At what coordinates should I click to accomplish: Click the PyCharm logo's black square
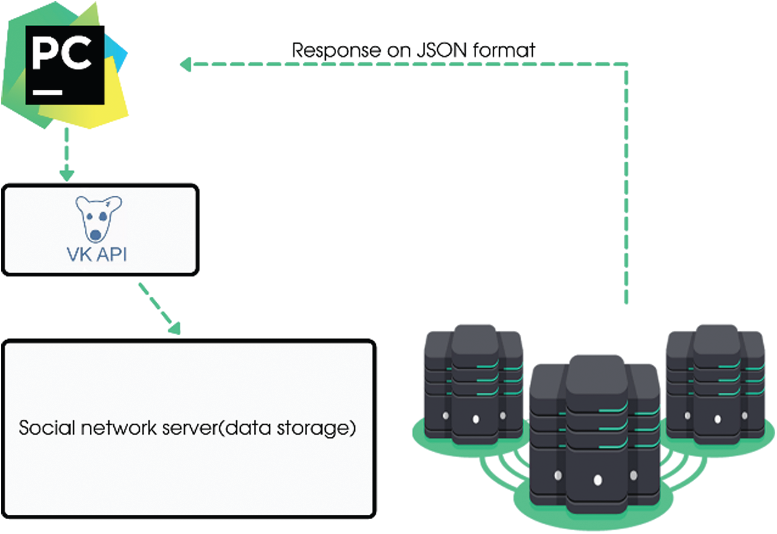65,65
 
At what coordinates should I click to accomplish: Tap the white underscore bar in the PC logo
48,92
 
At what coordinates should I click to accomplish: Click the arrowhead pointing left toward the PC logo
186,64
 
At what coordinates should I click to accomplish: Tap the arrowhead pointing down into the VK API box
67,175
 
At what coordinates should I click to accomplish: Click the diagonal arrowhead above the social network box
175,328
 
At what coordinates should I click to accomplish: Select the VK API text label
97,255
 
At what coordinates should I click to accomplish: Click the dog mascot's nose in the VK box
95,235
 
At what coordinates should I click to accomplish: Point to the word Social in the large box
47,427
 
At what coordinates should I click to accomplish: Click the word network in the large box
119,427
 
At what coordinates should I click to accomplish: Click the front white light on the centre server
597,480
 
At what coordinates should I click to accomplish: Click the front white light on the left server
476,419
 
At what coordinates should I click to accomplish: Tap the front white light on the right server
718,419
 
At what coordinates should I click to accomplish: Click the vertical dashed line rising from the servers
627,184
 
